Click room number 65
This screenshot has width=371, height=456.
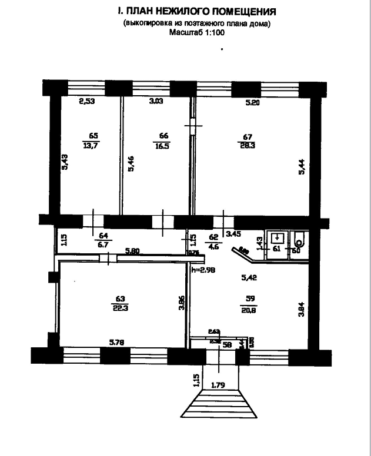(91, 134)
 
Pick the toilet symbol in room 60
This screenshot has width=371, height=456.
(299, 241)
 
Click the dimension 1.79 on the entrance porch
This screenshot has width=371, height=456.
(219, 385)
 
